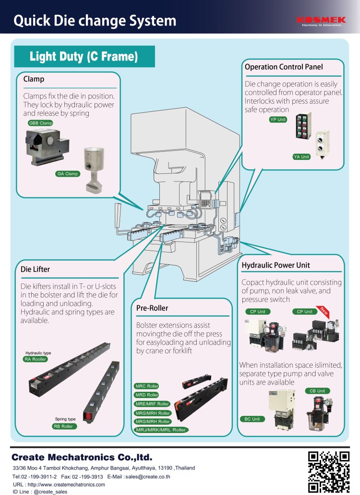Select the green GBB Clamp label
[41, 123]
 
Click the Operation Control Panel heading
[284, 67]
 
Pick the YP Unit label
[278, 120]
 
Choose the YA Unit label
[301, 157]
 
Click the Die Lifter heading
[35, 269]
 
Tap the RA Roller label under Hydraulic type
[36, 359]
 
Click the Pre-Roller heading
[152, 307]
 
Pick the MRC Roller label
[147, 386]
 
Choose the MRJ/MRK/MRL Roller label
[161, 430]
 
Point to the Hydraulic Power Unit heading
[276, 265]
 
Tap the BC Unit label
[252, 419]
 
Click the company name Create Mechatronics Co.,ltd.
[82, 457]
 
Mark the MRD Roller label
[147, 395]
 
